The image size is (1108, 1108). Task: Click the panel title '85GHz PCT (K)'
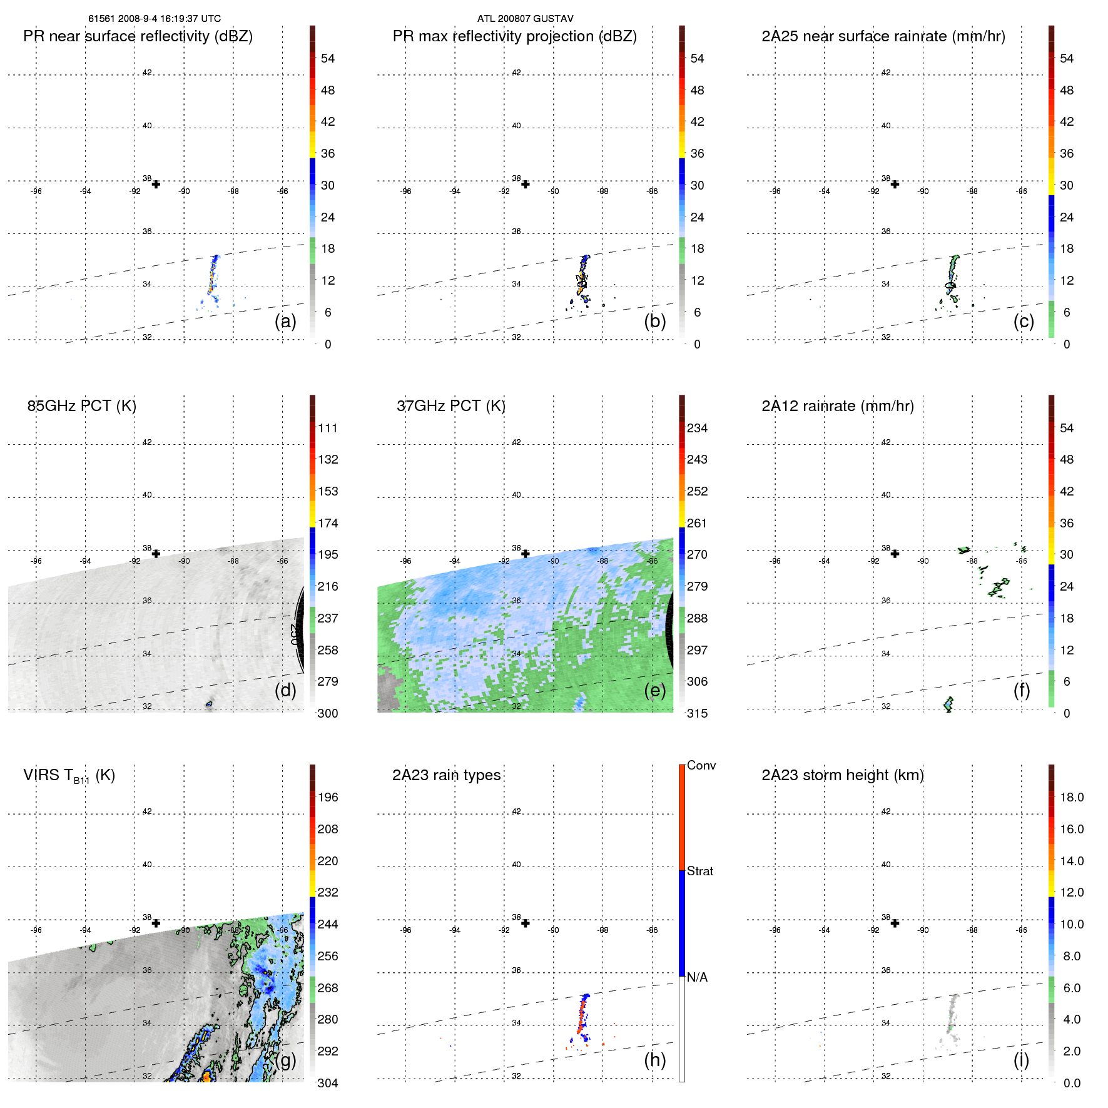click(81, 406)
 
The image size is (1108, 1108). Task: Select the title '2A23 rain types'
click(446, 775)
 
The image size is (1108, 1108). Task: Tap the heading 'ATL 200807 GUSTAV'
click(525, 19)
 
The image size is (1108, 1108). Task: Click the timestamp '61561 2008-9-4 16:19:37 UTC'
click(155, 19)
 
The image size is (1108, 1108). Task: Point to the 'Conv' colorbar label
click(701, 765)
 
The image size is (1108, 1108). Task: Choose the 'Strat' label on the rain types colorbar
click(699, 871)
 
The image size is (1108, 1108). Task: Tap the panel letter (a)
click(285, 321)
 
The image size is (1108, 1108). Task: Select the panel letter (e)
click(655, 690)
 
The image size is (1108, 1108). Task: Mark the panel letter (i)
click(1021, 1060)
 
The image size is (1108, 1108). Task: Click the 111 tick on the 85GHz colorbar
click(328, 428)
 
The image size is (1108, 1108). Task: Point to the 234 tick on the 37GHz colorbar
click(697, 428)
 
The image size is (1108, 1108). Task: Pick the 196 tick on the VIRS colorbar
click(328, 797)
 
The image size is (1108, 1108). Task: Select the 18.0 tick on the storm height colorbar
click(1072, 797)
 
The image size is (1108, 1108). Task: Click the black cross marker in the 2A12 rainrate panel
click(895, 554)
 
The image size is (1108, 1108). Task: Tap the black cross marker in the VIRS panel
click(156, 923)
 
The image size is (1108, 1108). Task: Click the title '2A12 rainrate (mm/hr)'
click(838, 406)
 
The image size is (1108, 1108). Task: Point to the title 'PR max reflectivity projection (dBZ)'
click(514, 36)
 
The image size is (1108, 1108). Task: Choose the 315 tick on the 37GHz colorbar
click(697, 713)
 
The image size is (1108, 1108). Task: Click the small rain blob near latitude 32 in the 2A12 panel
click(948, 704)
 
